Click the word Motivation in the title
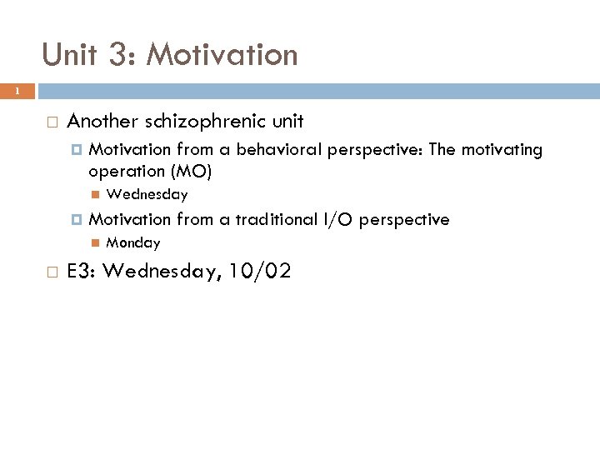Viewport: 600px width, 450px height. tap(222, 55)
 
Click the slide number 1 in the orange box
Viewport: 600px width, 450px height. tap(16, 92)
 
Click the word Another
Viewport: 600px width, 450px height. tap(102, 122)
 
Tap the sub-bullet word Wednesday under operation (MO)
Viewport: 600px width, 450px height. tap(147, 195)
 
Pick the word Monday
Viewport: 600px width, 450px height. tap(133, 243)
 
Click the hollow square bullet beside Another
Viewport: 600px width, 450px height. tap(52, 122)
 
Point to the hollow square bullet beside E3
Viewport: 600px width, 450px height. tap(52, 272)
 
